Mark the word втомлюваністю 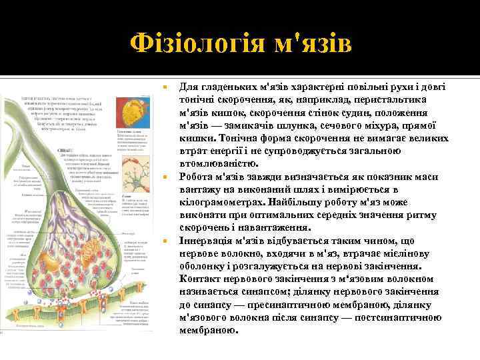[x=215, y=163]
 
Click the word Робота [x=199, y=177]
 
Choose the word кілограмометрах [x=221, y=202]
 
